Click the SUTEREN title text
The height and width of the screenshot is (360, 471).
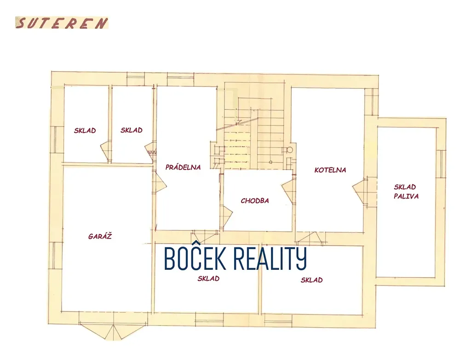pos(62,23)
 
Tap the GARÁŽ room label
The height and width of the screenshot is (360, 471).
pos(100,237)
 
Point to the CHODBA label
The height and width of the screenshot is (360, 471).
pos(254,201)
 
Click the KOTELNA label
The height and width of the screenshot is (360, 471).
pos(330,170)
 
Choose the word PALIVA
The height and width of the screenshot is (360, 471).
pos(406,196)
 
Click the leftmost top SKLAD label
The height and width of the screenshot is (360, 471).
pos(85,131)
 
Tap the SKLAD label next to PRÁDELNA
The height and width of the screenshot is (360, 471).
pos(132,130)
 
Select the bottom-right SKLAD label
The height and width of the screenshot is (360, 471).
pos(311,280)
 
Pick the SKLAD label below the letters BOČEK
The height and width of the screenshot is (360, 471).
pos(208,279)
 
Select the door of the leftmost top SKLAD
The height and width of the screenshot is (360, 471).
pos(106,151)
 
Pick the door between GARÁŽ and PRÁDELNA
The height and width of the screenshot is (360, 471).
pos(159,183)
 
